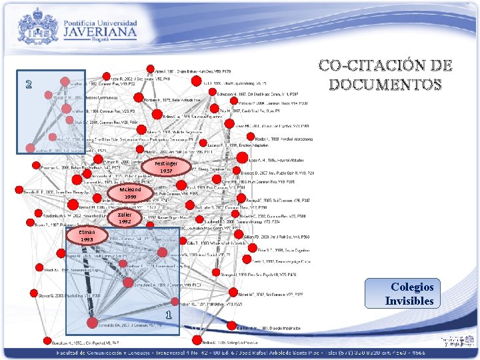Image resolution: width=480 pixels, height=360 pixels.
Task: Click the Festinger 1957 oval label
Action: point(166,167)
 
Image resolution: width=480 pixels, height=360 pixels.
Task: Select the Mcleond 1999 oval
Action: point(131,193)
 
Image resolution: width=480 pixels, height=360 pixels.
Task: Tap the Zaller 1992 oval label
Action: point(125,218)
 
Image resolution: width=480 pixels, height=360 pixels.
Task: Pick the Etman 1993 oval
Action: point(87,235)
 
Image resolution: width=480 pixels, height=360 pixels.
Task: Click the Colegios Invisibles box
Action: point(412,293)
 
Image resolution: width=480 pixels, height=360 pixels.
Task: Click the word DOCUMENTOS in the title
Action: point(386,85)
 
